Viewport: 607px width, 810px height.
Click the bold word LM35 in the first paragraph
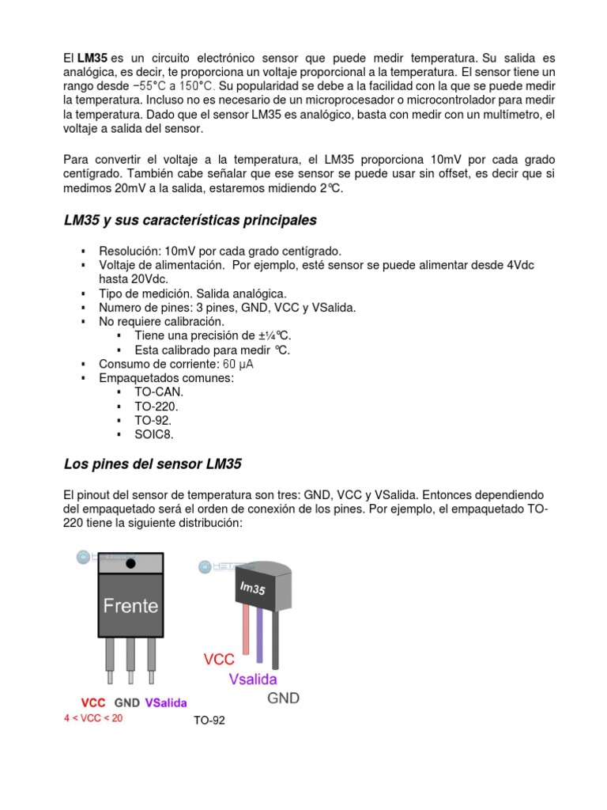(92, 59)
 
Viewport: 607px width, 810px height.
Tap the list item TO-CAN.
(159, 392)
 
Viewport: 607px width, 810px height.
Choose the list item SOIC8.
(153, 434)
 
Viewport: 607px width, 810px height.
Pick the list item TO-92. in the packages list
(153, 420)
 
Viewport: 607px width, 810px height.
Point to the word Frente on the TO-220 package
(131, 607)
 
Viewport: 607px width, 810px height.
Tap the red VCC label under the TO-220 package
(95, 702)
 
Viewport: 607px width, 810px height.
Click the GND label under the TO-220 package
(127, 702)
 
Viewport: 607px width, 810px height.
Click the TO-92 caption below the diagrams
(209, 721)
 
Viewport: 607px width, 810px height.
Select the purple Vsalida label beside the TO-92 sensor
(258, 679)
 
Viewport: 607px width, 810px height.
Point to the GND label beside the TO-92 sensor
(283, 698)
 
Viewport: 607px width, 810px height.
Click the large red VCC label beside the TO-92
(220, 659)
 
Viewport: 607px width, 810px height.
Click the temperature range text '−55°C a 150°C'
(174, 85)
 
